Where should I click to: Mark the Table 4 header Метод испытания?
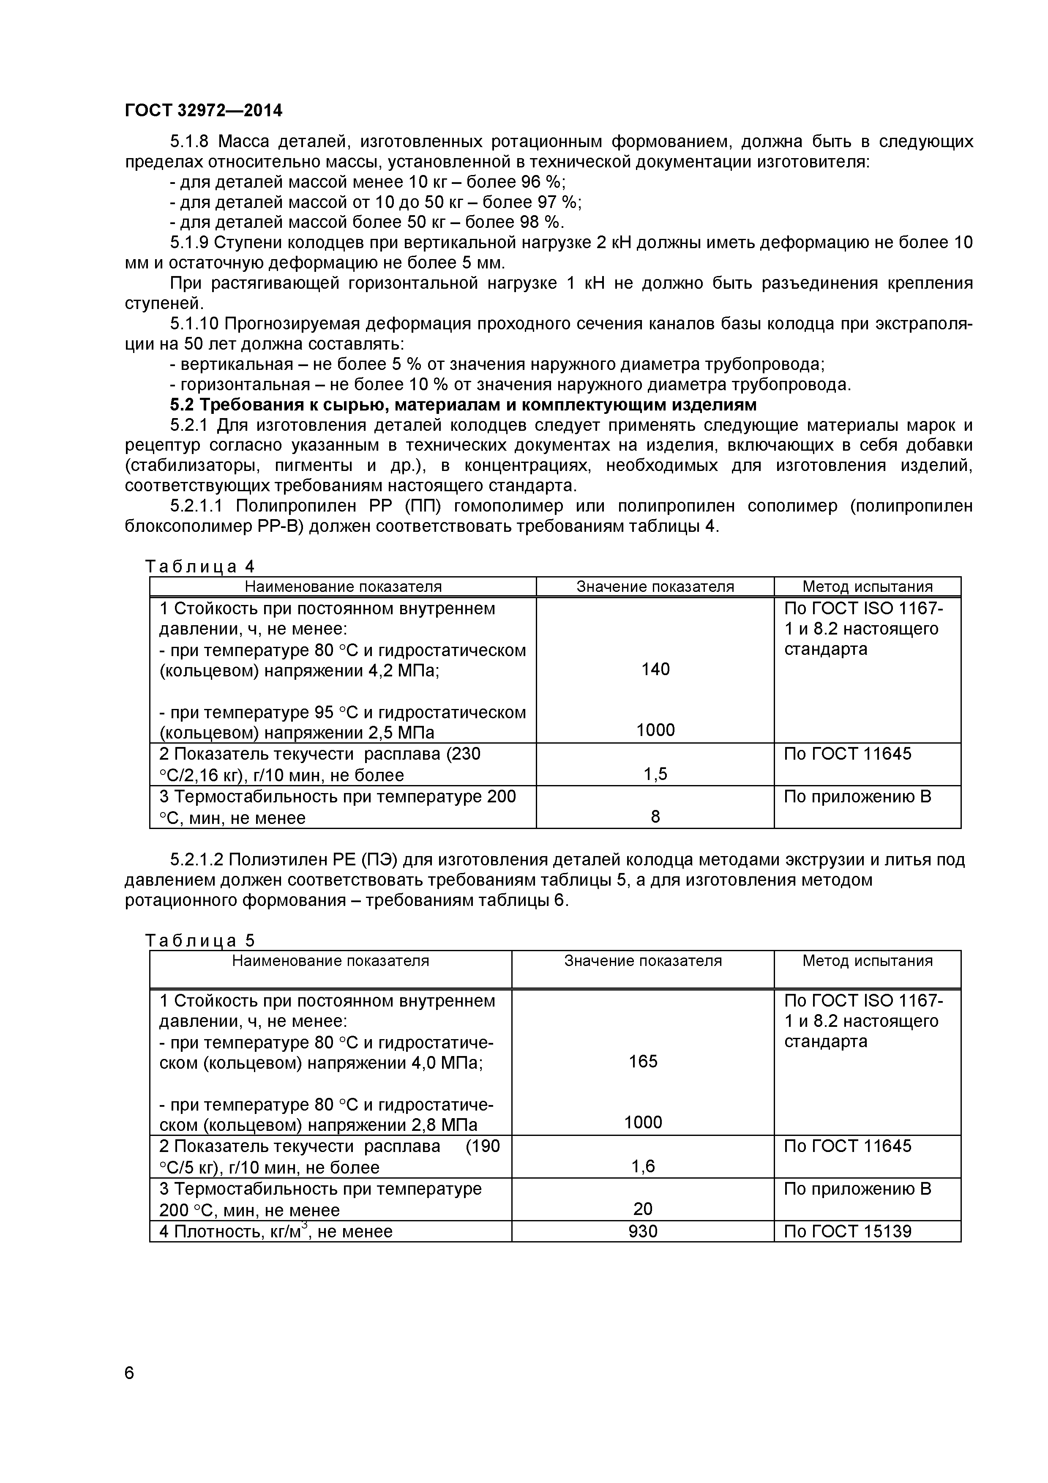867,586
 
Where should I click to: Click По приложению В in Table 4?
857,796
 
